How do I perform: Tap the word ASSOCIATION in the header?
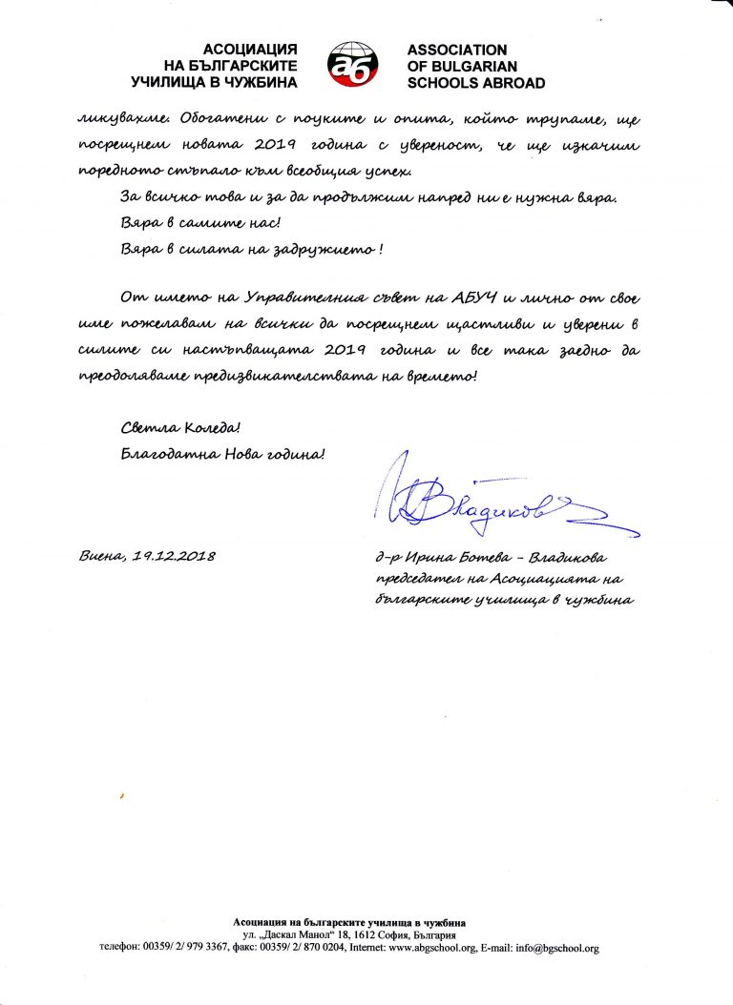pos(456,50)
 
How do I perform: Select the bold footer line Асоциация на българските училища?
pos(349,922)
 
